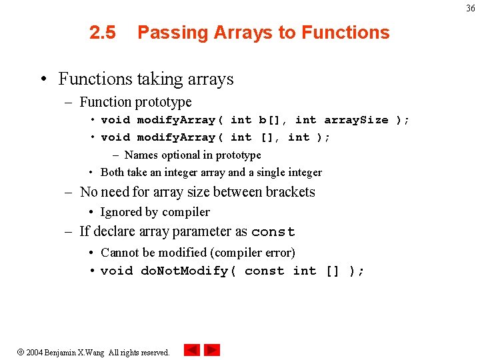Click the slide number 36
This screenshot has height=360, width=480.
(470, 8)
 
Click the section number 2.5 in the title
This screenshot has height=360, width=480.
(102, 33)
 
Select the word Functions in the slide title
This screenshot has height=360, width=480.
(345, 33)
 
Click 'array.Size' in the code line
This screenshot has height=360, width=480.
(356, 120)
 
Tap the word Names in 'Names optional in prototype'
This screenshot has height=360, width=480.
(141, 155)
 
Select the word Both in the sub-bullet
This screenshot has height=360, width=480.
(112, 172)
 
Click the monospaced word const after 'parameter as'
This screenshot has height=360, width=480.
(273, 232)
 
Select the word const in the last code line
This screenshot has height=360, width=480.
(264, 271)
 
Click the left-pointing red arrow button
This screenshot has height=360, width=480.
(192, 350)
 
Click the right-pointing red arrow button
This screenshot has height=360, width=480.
(212, 350)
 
